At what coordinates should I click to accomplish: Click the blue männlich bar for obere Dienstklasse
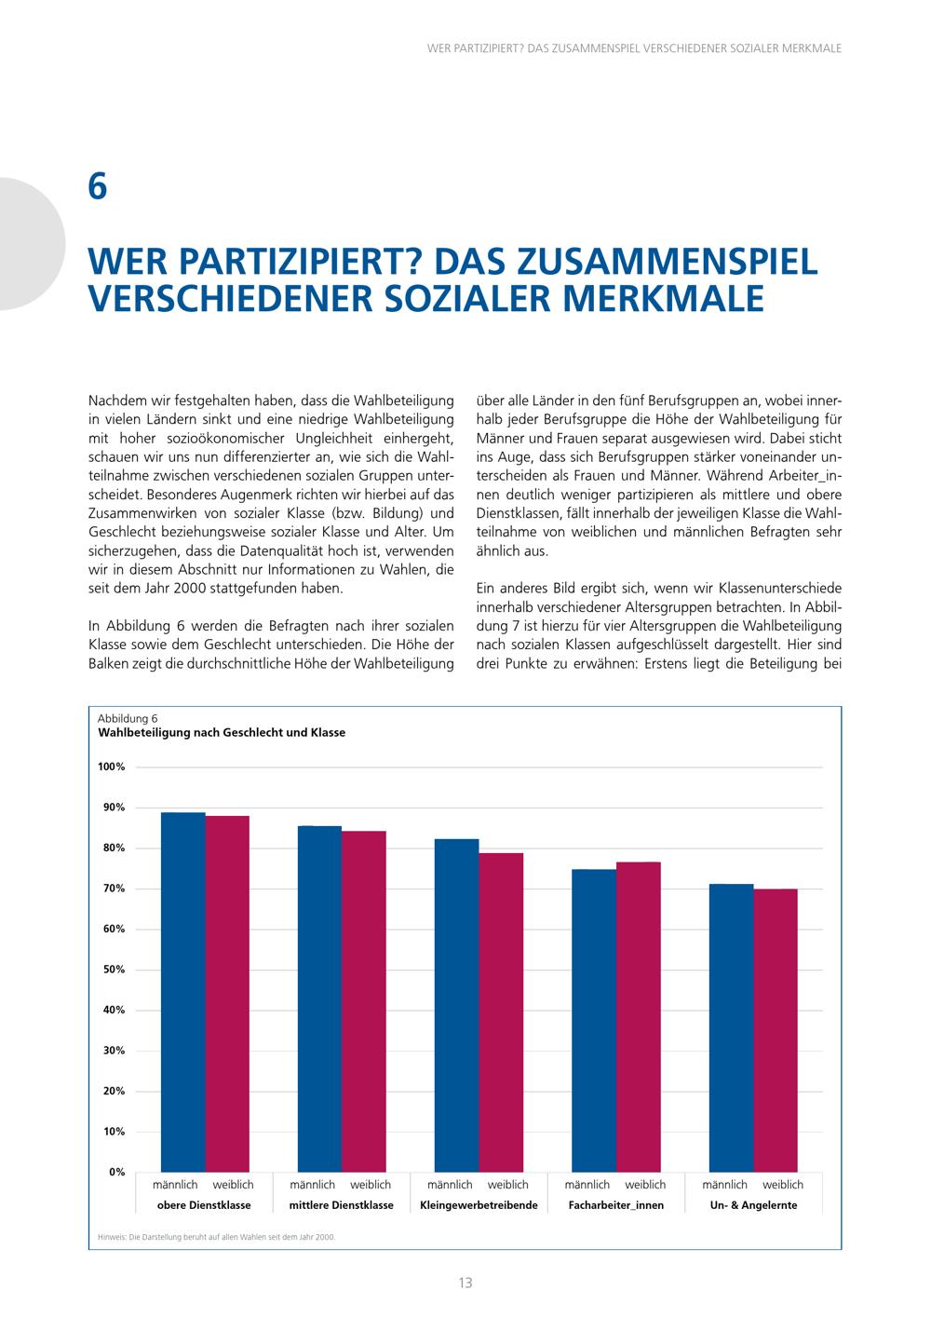click(182, 992)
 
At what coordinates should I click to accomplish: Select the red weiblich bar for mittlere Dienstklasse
click(364, 1001)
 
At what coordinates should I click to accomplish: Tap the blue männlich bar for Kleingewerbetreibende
click(457, 1005)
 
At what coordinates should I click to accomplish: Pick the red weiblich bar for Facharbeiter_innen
click(639, 1016)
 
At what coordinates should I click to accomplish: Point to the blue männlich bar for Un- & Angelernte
click(731, 1027)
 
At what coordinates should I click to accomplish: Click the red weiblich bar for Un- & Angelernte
click(776, 1030)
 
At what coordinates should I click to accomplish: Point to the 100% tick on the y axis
click(111, 767)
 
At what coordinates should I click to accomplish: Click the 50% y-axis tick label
click(114, 970)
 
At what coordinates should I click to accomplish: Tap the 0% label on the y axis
click(117, 1172)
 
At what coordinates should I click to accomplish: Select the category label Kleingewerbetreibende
click(479, 1205)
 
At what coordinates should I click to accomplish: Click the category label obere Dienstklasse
click(204, 1205)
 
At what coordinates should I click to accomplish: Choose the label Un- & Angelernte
click(753, 1205)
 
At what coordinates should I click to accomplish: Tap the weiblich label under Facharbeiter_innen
click(645, 1185)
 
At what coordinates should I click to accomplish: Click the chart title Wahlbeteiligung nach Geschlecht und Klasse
click(222, 733)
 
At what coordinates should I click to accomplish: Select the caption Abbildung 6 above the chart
click(128, 718)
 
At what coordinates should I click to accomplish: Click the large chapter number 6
click(98, 187)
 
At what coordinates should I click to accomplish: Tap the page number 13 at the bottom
click(465, 1283)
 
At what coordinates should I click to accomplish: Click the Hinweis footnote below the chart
click(216, 1237)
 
